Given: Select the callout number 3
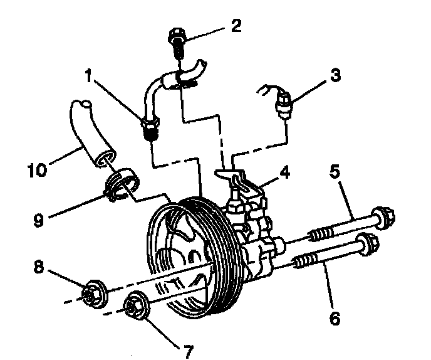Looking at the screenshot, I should pos(335,77).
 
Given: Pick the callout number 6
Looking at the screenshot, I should pos(335,318).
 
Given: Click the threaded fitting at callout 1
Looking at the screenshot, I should pos(150,128).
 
